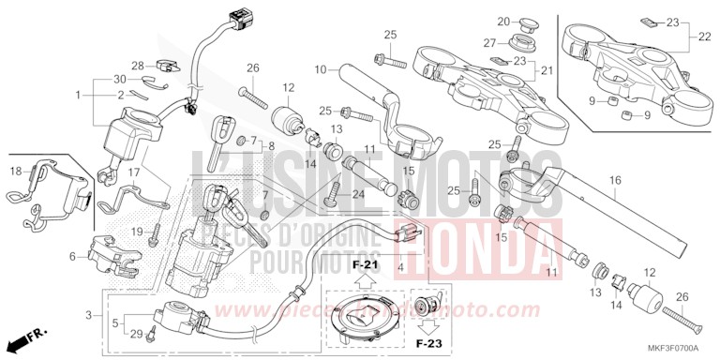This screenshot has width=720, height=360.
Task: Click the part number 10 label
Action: [x=320, y=69]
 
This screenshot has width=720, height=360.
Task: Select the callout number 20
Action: [x=502, y=22]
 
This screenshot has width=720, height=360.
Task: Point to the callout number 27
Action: [x=489, y=42]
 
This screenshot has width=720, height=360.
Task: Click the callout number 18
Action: [x=16, y=172]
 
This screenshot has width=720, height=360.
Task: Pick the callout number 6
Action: [x=72, y=256]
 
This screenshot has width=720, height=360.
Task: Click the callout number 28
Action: [x=137, y=65]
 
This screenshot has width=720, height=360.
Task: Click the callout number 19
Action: [x=135, y=232]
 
